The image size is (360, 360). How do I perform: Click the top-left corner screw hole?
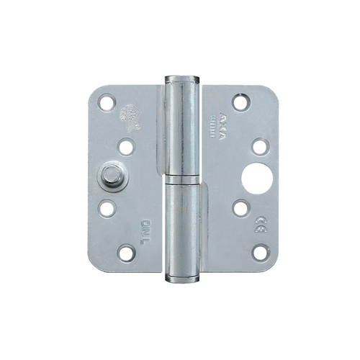coord(107,103)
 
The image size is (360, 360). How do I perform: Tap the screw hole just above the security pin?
coord(126,148)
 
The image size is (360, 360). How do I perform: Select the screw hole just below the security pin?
coord(107,209)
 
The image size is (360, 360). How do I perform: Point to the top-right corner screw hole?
coord(241,102)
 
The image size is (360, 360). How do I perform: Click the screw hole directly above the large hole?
coord(260,147)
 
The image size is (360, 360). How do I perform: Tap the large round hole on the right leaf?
coord(257,178)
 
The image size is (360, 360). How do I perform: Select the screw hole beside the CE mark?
coord(240,209)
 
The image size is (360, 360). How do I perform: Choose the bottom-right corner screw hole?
coord(260,252)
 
